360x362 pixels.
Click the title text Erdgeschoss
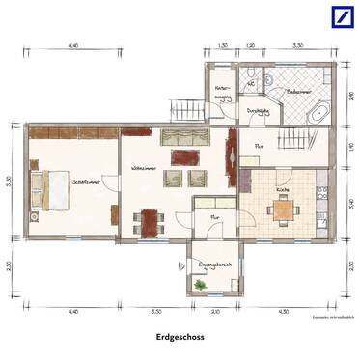180,338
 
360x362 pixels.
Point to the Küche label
283,190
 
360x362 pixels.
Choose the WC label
251,84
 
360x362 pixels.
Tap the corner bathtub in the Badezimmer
317,113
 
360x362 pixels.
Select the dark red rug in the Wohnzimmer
181,155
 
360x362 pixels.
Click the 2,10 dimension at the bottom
214,312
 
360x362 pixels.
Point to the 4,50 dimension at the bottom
284,312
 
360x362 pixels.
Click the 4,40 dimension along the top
72,45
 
